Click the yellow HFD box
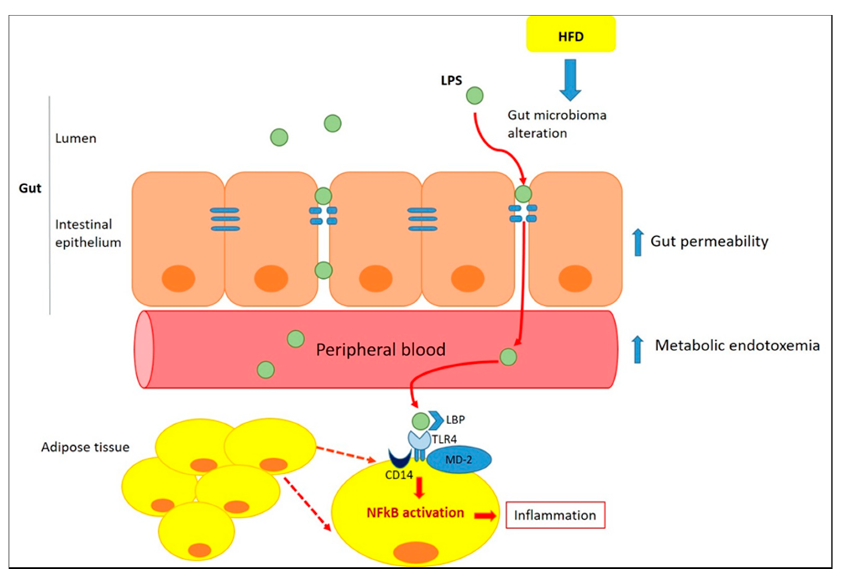pos(571,34)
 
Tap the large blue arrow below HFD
pos(570,80)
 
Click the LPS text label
pos(451,80)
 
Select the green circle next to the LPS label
pos(474,96)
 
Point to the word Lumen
pos(76,138)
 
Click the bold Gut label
pos(30,188)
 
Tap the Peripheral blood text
pos(381,350)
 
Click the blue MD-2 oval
pos(459,459)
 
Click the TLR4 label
pos(444,439)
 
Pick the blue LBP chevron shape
pos(436,420)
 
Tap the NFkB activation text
pos(415,513)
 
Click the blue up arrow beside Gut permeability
pos(638,242)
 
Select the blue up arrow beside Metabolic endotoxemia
pos(637,349)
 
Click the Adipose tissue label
pos(85,447)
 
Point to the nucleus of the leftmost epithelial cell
pos(178,278)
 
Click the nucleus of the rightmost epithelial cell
pos(575,278)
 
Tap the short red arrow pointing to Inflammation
pos(485,516)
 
